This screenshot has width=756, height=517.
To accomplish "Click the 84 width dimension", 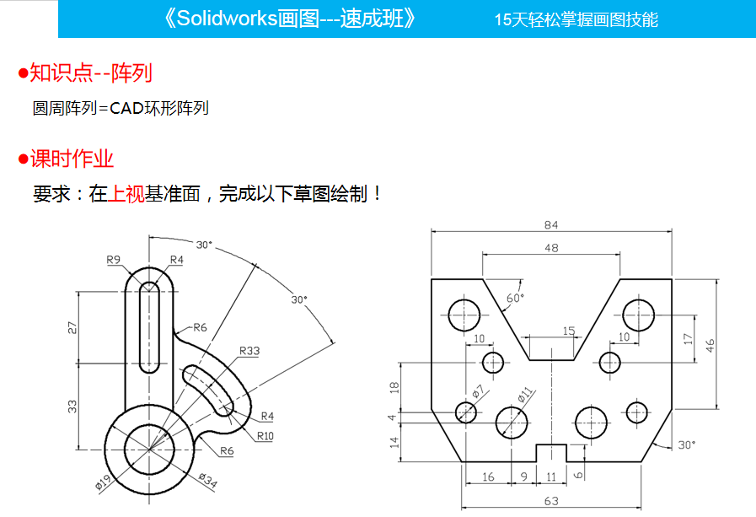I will click(551, 225).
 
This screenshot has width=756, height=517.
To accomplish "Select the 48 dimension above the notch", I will click(551, 248).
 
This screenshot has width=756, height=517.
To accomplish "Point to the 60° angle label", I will click(515, 298).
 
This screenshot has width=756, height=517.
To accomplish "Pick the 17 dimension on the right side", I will click(688, 338).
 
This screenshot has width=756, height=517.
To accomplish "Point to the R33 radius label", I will click(249, 350).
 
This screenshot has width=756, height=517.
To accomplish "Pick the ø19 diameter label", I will click(104, 481).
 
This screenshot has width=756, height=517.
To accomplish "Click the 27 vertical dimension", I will click(72, 326).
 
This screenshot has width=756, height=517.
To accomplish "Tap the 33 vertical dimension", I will click(72, 406).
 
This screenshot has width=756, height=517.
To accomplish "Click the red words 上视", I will click(126, 194).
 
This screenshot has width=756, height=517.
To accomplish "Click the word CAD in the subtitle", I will click(126, 108).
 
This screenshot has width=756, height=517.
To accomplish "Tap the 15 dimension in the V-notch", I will click(568, 331).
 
